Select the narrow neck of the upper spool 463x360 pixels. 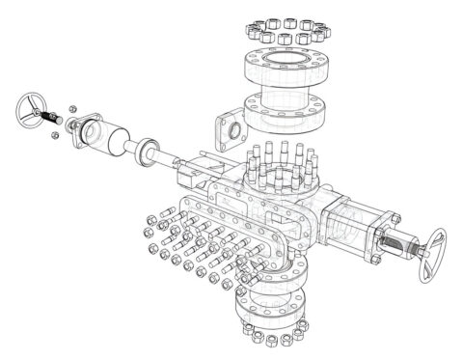pos(284,90)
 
